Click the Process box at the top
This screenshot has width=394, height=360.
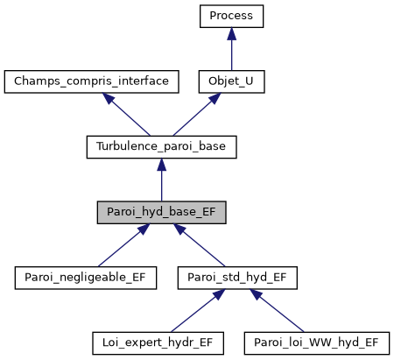[231, 17]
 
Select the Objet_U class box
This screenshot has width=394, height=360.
[231, 81]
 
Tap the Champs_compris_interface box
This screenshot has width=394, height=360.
[92, 81]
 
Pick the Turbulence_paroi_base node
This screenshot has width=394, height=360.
[161, 146]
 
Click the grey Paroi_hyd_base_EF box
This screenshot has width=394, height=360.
[161, 211]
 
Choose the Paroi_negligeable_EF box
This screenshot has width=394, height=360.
[86, 277]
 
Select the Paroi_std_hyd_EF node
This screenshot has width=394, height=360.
[237, 277]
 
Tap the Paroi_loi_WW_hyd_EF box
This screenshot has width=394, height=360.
[316, 342]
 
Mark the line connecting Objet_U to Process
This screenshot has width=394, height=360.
[231, 54]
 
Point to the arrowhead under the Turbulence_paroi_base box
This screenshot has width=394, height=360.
[161, 164]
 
